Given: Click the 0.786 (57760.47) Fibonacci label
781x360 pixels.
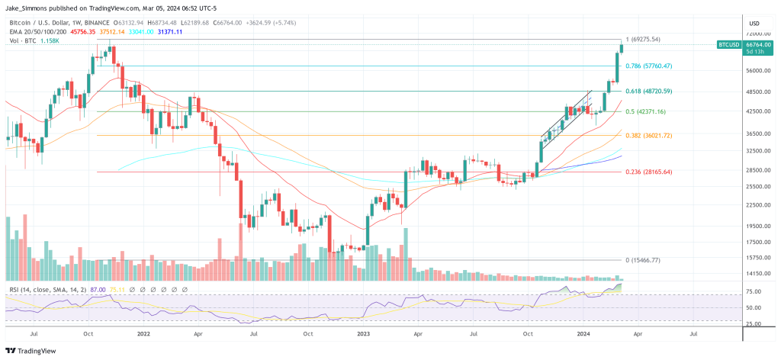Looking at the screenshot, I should (648, 66).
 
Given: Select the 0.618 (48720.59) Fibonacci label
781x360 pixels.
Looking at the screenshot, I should (648, 92).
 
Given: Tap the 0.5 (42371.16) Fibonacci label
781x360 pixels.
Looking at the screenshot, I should (645, 112).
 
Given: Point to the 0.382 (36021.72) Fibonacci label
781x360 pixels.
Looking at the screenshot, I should (648, 136).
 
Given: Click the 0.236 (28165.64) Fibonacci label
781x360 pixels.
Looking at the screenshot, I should (648, 172).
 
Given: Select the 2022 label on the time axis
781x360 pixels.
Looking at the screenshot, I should (143, 333).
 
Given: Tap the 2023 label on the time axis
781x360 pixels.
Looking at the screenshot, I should (364, 333).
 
